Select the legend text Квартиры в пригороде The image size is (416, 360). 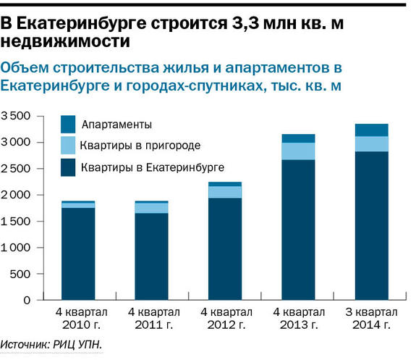[x=140, y=146]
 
